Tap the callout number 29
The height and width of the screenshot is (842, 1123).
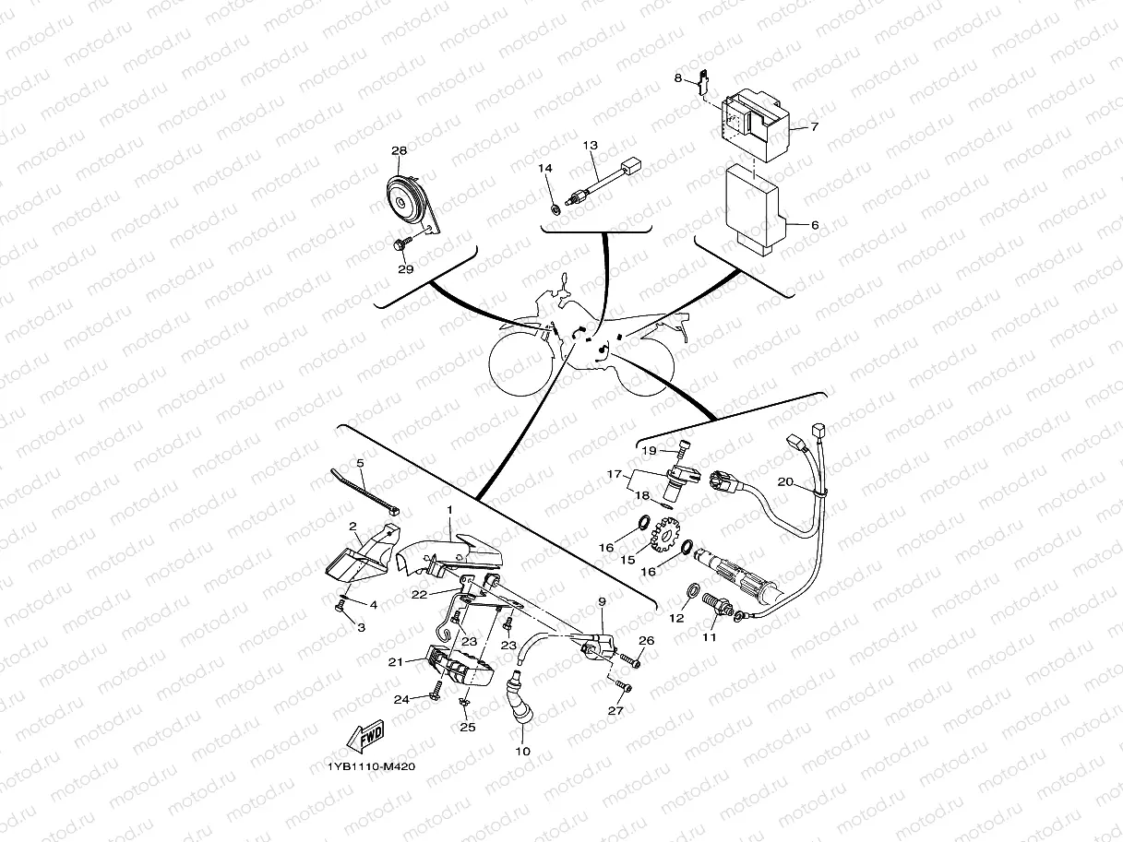(405, 269)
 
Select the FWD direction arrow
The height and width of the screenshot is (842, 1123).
(366, 737)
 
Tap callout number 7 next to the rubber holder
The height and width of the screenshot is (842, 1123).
(814, 127)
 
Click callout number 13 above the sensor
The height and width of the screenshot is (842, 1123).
(590, 146)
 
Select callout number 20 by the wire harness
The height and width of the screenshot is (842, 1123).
(784, 481)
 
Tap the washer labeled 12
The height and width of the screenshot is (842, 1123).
(691, 590)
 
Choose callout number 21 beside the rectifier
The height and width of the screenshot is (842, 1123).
(396, 662)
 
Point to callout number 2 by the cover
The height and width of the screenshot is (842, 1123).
(352, 527)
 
